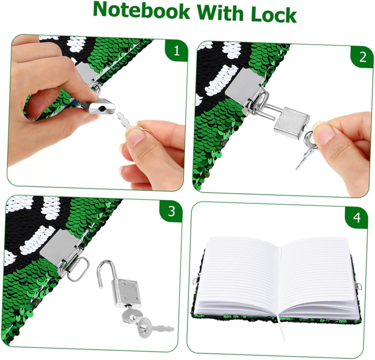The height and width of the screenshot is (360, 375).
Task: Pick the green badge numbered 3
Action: point(171,211)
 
